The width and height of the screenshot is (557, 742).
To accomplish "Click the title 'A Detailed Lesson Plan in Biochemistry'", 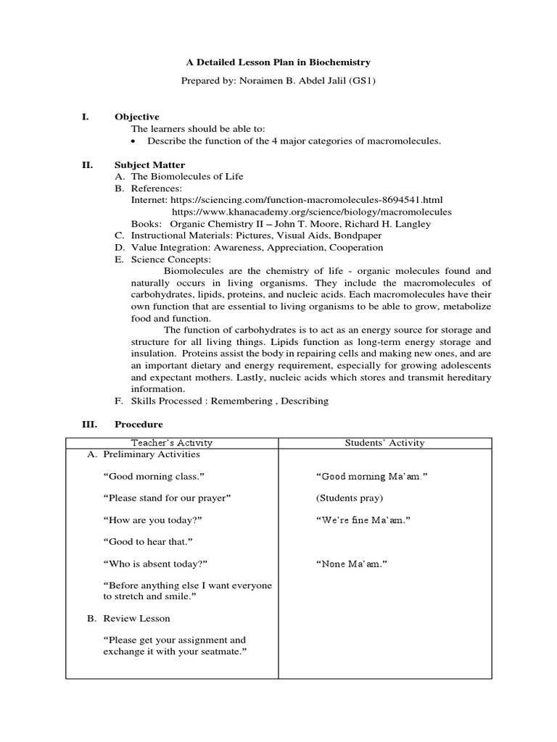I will click(278, 63).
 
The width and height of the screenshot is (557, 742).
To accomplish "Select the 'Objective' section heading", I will click(136, 117).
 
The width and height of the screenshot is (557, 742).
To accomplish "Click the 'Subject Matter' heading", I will click(149, 164).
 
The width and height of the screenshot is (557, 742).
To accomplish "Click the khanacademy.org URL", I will click(312, 212).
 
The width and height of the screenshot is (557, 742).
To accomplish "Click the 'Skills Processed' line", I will click(229, 401).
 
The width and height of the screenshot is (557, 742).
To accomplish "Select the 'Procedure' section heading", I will click(139, 424).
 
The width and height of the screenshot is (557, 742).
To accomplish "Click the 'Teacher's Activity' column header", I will click(172, 443).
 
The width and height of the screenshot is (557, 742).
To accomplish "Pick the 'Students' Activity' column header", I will click(384, 443).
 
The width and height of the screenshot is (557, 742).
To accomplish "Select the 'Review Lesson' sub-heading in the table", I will click(136, 618).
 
